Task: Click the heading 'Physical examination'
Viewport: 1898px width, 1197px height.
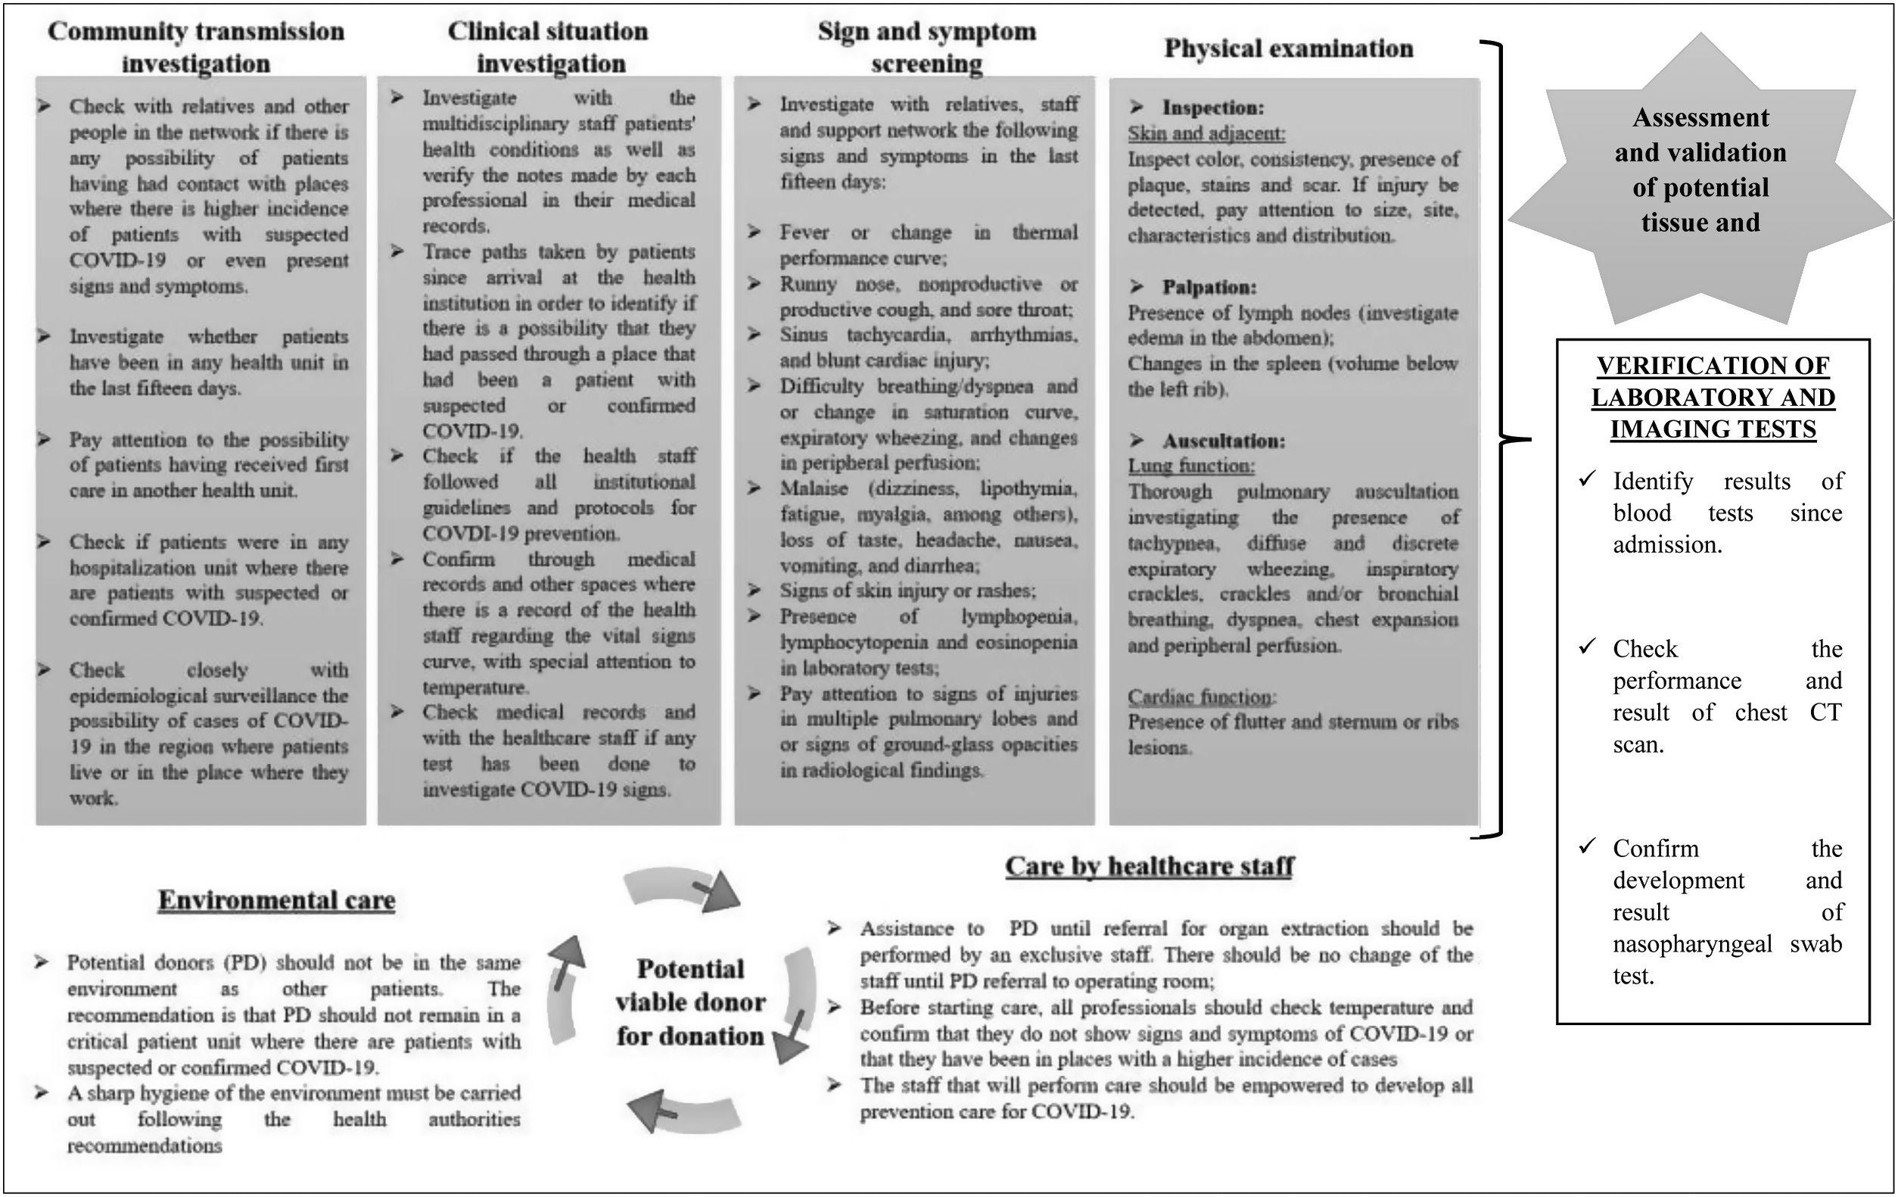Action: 1288,49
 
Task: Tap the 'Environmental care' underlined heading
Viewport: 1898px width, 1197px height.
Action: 277,900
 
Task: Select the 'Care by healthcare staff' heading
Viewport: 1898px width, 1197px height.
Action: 1150,866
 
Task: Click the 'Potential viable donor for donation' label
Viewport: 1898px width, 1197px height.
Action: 689,1002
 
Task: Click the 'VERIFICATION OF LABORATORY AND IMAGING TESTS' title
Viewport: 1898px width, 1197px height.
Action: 1713,397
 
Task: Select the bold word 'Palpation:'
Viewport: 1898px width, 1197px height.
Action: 1209,287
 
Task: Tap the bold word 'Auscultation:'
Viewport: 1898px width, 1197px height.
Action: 1223,441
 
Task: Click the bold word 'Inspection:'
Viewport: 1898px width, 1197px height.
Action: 1213,108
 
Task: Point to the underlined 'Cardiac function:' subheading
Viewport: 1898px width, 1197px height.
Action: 1201,697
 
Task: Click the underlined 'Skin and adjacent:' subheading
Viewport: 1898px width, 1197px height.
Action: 1206,133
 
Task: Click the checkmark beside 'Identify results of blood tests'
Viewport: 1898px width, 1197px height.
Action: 1587,479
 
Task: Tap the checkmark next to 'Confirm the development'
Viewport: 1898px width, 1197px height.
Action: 1587,847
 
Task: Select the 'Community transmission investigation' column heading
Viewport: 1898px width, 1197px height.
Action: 196,47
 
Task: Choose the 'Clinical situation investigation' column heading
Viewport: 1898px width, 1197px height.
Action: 549,47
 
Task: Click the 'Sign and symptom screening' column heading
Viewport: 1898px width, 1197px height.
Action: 927,47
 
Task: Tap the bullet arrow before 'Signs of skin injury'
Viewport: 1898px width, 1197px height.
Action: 755,590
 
